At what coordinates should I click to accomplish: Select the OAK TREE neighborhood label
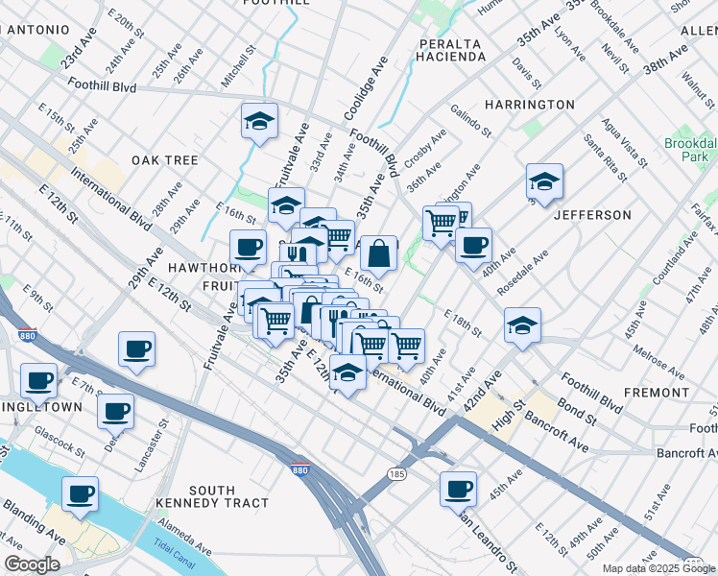pos(165,160)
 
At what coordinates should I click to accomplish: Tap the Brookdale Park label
pos(689,149)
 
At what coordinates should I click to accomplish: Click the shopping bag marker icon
pos(379,253)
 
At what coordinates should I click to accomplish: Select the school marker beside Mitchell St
pos(259,121)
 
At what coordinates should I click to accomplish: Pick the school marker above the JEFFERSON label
pos(544,181)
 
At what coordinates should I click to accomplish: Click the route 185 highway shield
pos(396,473)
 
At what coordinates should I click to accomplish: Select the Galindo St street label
pos(469,122)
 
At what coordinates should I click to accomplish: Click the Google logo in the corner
pos(32,564)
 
